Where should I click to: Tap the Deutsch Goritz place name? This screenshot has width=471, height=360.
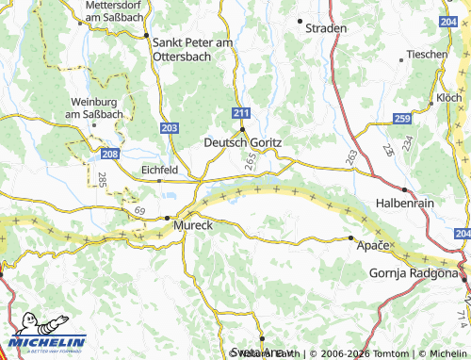click(x=243, y=141)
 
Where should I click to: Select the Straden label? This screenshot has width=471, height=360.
click(x=326, y=28)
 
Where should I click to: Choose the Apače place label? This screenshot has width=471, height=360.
click(x=373, y=245)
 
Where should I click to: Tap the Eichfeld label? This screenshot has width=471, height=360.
click(x=158, y=170)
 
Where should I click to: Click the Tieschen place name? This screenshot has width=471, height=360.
click(x=428, y=54)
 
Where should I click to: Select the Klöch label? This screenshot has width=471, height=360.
click(x=449, y=98)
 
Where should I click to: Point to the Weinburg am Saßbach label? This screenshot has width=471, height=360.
click(x=98, y=107)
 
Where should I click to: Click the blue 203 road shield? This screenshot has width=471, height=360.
click(x=170, y=126)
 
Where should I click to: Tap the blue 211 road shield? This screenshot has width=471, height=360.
click(x=242, y=113)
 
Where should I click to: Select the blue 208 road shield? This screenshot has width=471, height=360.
click(x=111, y=153)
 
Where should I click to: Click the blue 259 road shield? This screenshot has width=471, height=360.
click(x=402, y=118)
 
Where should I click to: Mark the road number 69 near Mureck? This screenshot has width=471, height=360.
click(x=140, y=209)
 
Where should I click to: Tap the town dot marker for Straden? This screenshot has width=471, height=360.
click(x=300, y=20)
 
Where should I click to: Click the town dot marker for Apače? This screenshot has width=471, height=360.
click(x=350, y=238)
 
